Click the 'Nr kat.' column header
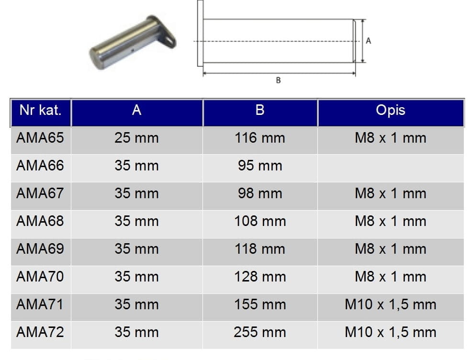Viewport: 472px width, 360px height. pos(41,110)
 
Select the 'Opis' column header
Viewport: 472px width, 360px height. pos(391,110)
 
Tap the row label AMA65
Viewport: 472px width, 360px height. pos(40,138)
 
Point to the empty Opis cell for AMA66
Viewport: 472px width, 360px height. pos(391,168)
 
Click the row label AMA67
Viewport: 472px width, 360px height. pos(40,193)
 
